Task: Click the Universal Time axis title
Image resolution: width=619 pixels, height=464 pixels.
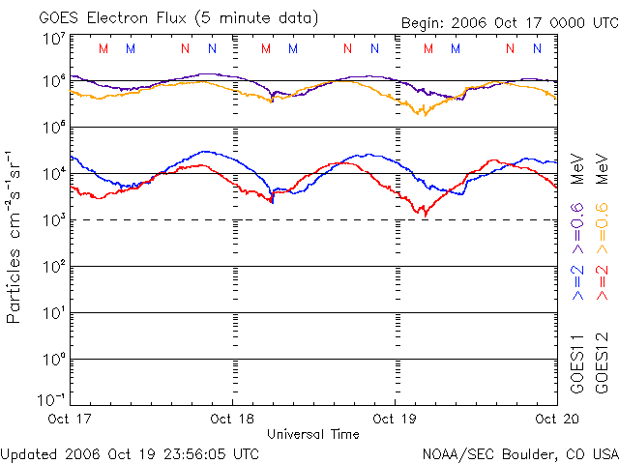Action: click(x=312, y=434)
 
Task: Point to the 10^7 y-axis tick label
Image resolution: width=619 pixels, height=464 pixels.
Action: click(x=53, y=40)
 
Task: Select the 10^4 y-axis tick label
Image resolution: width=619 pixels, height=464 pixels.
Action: click(x=53, y=174)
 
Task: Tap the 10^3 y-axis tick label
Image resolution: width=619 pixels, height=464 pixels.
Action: click(x=53, y=220)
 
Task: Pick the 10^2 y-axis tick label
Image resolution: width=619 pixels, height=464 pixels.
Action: click(x=53, y=267)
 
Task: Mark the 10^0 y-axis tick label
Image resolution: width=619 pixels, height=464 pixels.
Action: click(x=53, y=360)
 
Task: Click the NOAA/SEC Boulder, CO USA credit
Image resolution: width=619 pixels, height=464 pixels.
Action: click(x=519, y=452)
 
